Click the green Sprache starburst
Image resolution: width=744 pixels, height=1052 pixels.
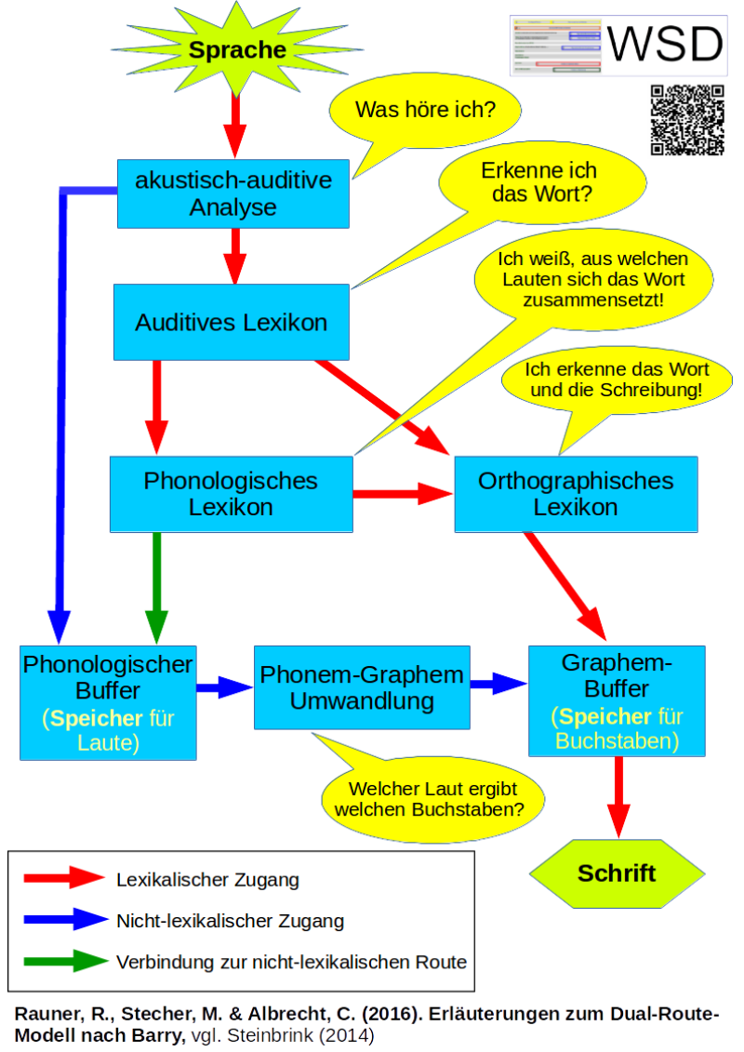click(x=237, y=50)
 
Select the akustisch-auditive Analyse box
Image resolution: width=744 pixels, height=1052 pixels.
click(x=232, y=193)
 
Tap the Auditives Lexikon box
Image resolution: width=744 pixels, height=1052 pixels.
click(x=231, y=323)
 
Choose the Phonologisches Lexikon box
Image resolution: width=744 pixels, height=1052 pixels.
click(x=231, y=494)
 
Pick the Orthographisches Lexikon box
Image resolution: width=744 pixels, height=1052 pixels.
click(x=575, y=494)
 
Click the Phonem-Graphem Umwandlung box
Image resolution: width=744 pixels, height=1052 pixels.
click(x=362, y=687)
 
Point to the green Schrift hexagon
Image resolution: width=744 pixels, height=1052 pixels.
click(x=617, y=873)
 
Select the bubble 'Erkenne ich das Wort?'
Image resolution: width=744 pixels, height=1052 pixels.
click(x=538, y=184)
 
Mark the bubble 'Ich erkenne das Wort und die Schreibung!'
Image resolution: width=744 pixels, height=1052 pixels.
click(x=616, y=380)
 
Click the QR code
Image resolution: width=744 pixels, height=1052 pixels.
click(x=687, y=120)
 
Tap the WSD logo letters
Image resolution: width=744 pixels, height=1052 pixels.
click(x=664, y=45)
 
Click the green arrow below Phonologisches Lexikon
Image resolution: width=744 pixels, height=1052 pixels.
click(x=156, y=586)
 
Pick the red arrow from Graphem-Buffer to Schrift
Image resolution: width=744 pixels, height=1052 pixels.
click(x=617, y=795)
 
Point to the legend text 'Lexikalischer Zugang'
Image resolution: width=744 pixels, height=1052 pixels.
click(x=207, y=879)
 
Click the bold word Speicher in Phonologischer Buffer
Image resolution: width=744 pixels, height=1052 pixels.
click(x=96, y=719)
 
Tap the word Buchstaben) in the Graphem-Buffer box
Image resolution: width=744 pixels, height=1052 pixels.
click(x=617, y=741)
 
